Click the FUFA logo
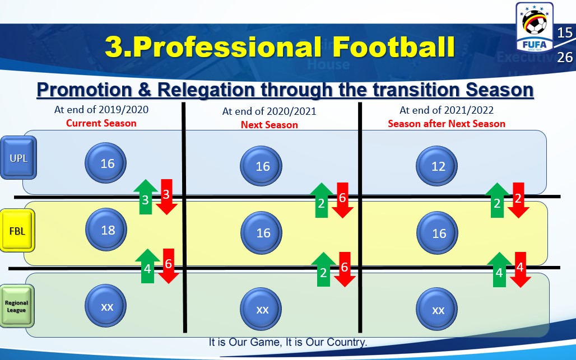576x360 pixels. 535,27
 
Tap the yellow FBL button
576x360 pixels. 17,231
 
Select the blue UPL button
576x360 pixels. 18,158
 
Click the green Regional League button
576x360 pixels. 17,306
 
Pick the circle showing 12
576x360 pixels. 437,166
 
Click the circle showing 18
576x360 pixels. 106,230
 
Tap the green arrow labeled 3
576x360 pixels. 146,197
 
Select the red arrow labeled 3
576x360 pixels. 166,197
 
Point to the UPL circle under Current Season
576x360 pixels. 106,163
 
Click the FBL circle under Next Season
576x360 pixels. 262,233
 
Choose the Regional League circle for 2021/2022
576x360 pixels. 437,310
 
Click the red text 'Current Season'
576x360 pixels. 101,123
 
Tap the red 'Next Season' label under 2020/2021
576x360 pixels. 270,125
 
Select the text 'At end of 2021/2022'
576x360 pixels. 447,110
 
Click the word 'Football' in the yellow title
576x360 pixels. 394,47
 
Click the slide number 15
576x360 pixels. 565,33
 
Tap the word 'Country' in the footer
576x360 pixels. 346,342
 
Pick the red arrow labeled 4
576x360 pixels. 520,269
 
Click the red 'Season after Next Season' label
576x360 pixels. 447,124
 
